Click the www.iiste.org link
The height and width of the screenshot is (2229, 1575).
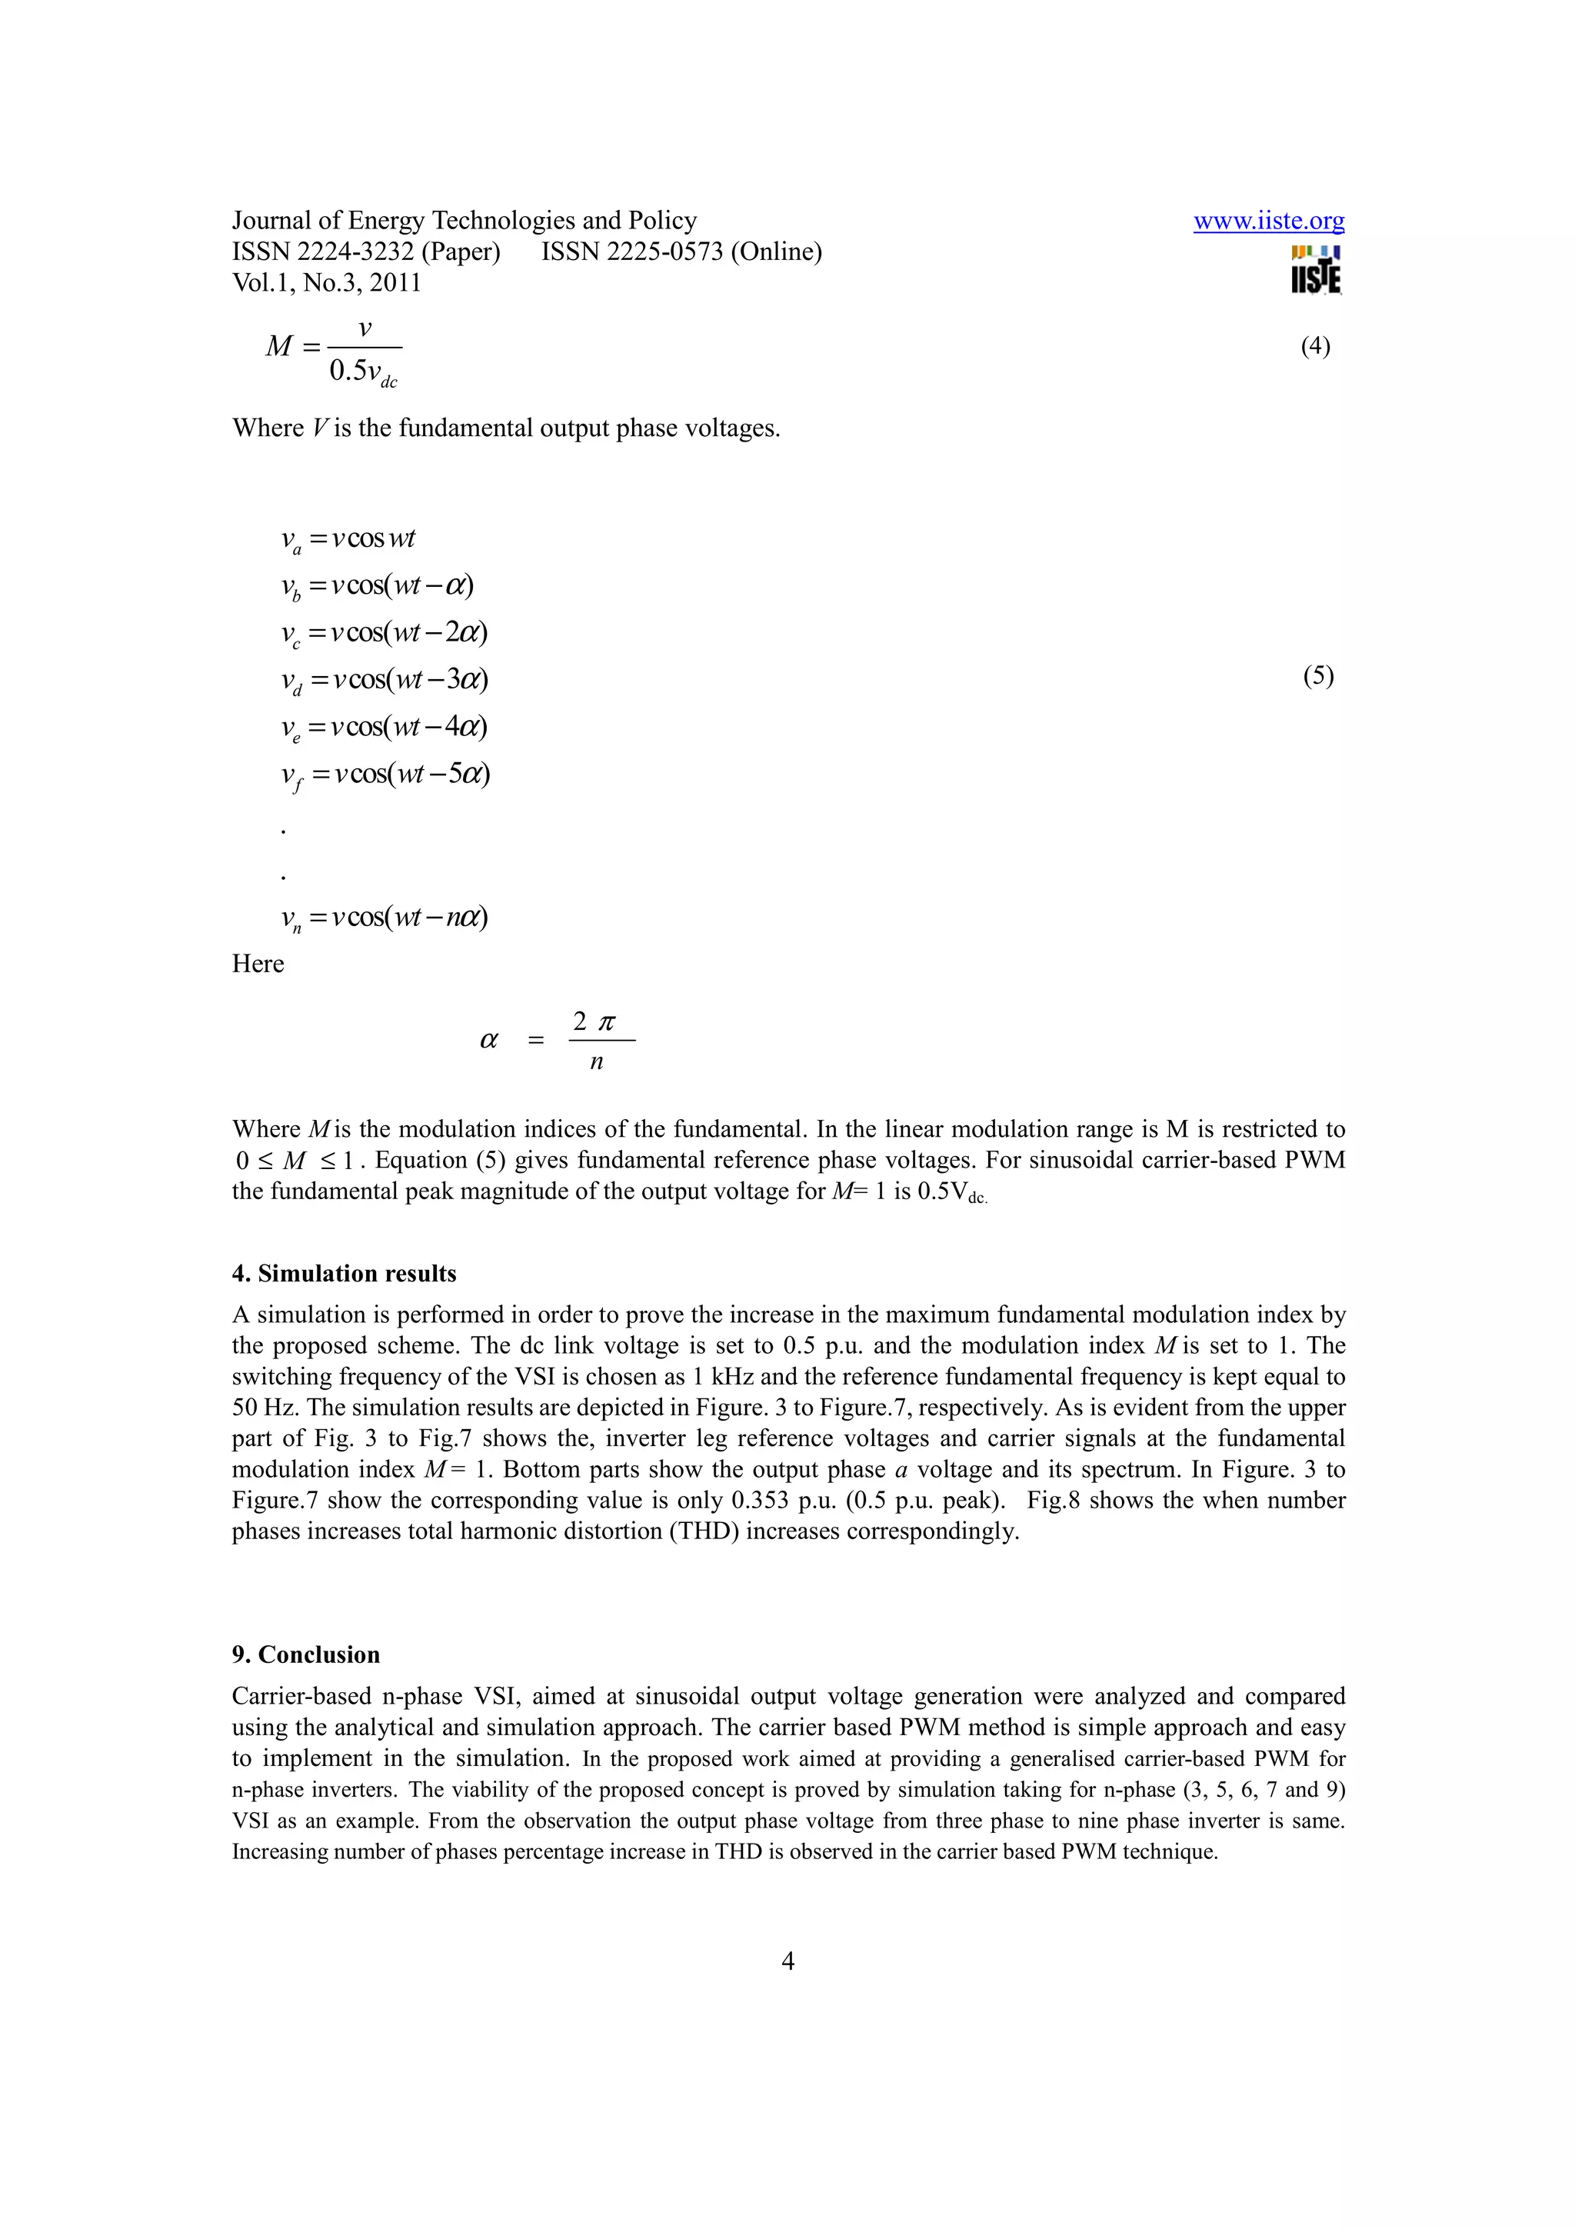(x=1268, y=222)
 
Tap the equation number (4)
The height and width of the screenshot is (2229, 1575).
(x=1315, y=347)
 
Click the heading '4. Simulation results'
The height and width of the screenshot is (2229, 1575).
(x=344, y=1274)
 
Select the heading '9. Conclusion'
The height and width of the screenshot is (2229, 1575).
(x=305, y=1654)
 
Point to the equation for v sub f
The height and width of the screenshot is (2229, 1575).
(x=385, y=775)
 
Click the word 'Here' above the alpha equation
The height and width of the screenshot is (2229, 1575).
(x=258, y=964)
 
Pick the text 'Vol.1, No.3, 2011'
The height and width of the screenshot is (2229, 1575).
(x=327, y=284)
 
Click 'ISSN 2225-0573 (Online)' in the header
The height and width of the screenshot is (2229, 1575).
(x=681, y=252)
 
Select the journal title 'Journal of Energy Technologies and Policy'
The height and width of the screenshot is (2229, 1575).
(x=464, y=222)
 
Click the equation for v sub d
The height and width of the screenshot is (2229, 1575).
(x=385, y=680)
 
